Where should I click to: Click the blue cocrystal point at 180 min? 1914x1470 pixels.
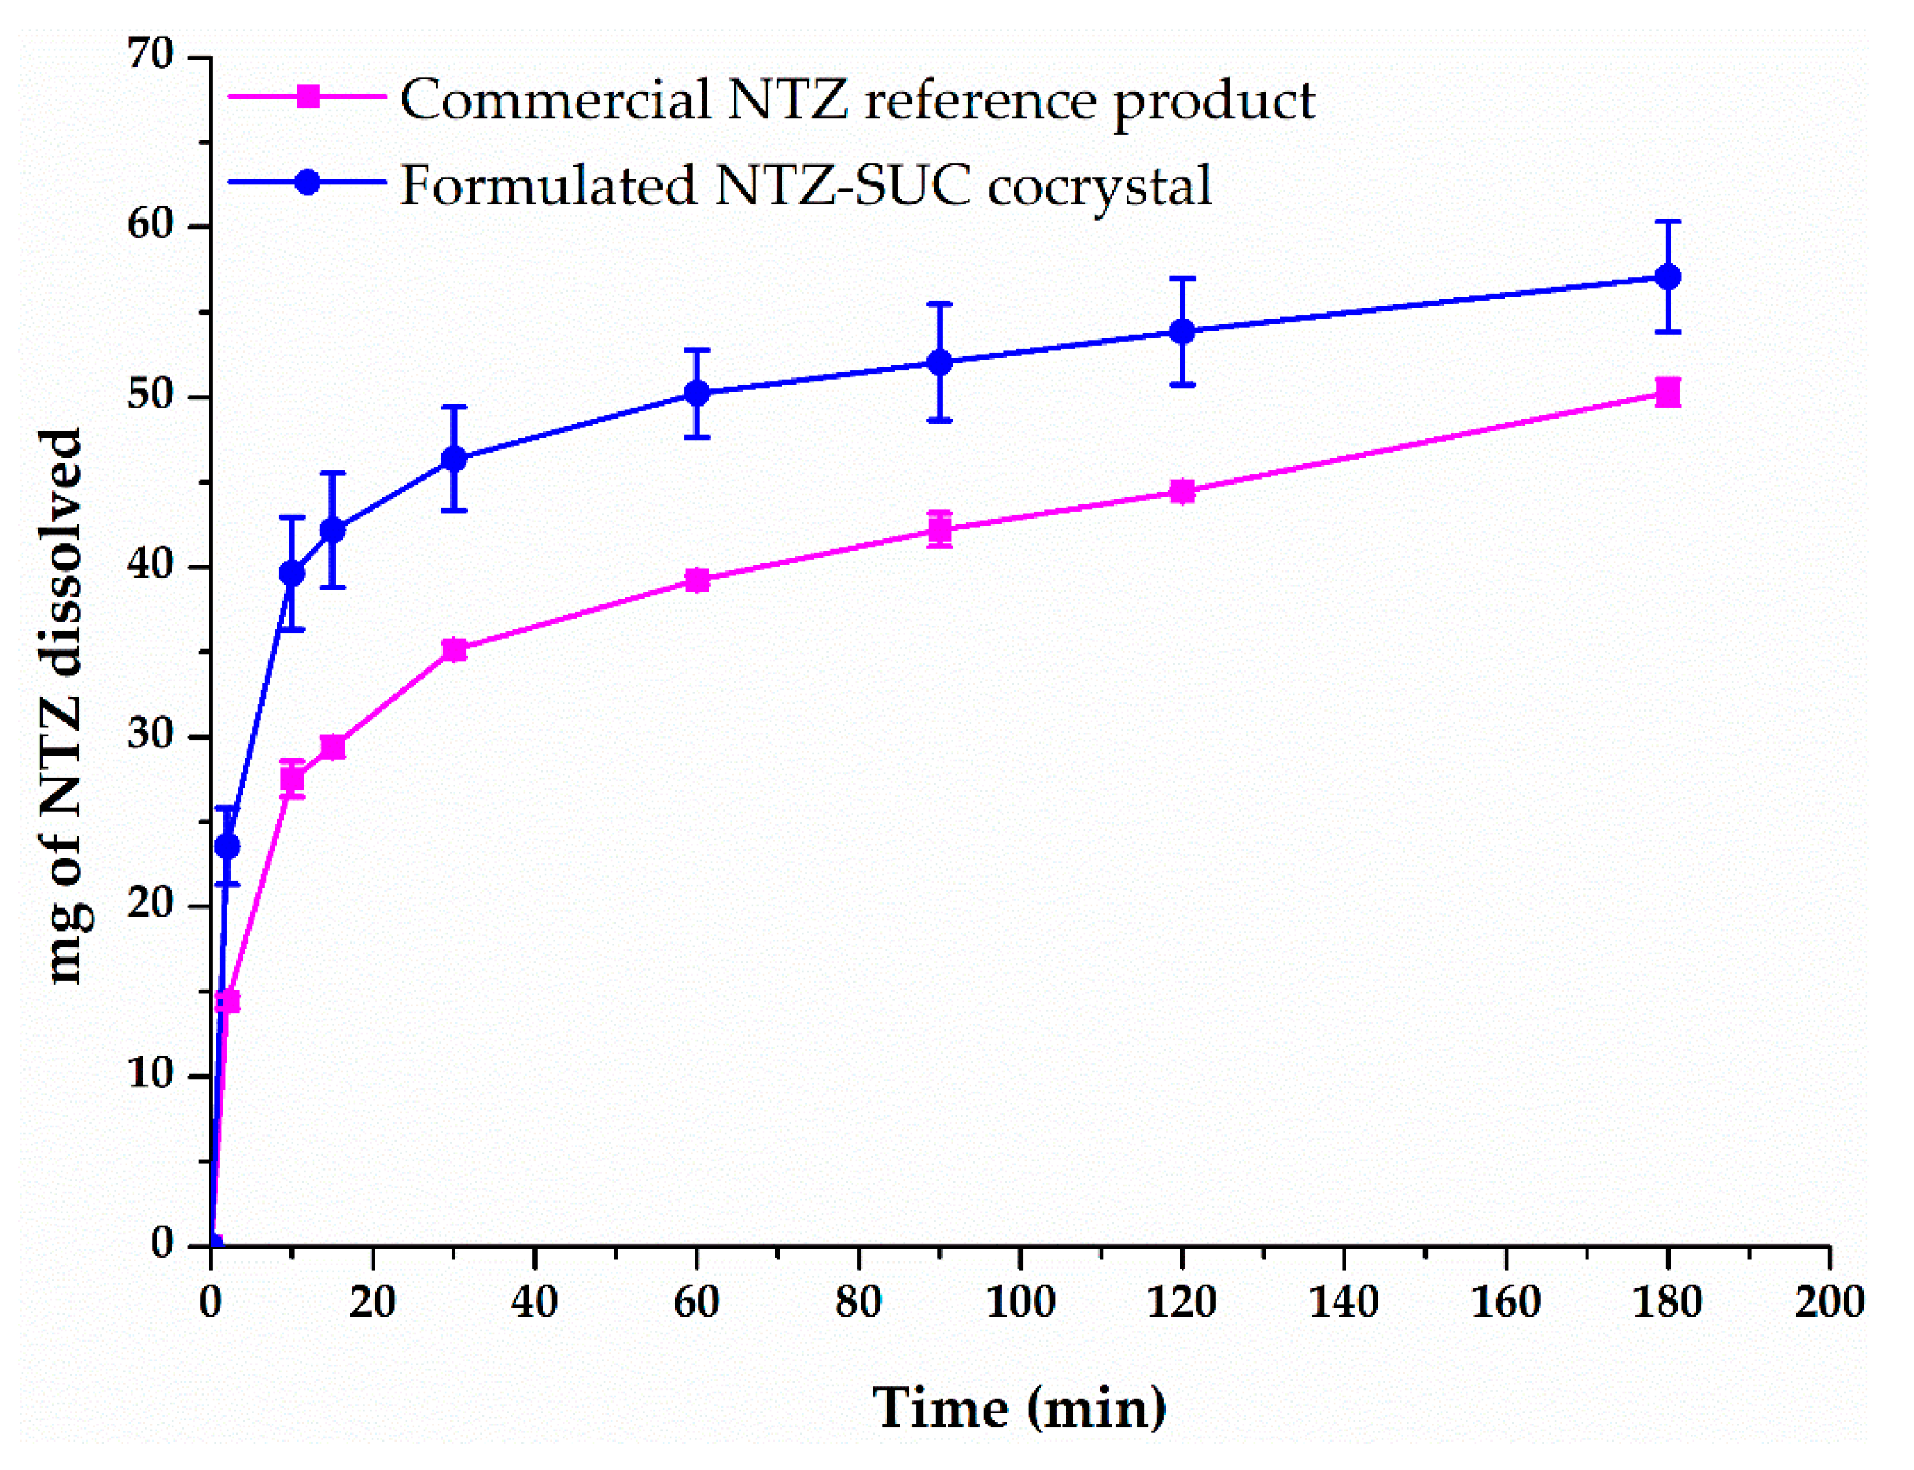click(1669, 277)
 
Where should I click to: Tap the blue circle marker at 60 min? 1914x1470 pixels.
click(697, 393)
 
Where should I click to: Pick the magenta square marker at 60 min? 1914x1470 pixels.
click(697, 580)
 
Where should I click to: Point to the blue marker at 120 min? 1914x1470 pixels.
click(1182, 331)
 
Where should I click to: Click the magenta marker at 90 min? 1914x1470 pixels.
click(939, 529)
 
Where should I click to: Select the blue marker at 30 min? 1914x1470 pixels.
click(454, 458)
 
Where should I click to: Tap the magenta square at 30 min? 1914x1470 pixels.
click(454, 649)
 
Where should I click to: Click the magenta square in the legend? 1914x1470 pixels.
click(307, 96)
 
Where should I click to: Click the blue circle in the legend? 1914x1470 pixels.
click(307, 182)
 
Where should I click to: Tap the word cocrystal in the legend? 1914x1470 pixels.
click(1100, 185)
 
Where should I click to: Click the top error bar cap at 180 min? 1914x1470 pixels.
click(1669, 221)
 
